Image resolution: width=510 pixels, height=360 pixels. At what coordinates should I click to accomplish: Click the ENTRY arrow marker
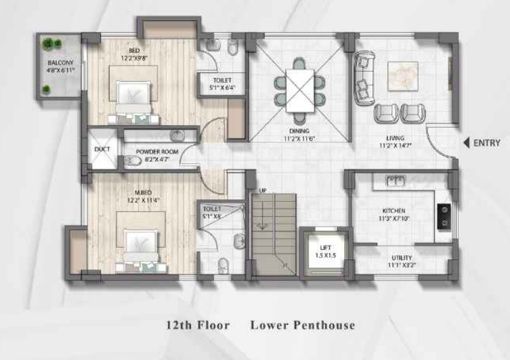pyautogui.click(x=466, y=143)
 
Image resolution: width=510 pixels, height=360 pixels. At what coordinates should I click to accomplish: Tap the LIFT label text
pyautogui.click(x=324, y=247)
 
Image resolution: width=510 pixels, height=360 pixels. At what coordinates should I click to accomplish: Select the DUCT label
pyautogui.click(x=102, y=149)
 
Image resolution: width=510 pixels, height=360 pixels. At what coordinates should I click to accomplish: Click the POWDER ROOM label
pyautogui.click(x=157, y=152)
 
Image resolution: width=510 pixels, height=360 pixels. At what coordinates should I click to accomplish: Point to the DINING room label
pyautogui.click(x=299, y=131)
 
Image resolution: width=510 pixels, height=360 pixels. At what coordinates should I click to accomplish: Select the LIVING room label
pyautogui.click(x=396, y=138)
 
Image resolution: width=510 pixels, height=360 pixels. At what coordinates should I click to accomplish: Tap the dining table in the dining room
pyautogui.click(x=299, y=90)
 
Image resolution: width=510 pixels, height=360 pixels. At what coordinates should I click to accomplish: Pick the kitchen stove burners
pyautogui.click(x=445, y=215)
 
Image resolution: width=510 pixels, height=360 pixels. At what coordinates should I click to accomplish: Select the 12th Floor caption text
pyautogui.click(x=198, y=325)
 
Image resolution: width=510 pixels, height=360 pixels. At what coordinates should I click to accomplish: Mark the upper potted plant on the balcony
pyautogui.click(x=48, y=45)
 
